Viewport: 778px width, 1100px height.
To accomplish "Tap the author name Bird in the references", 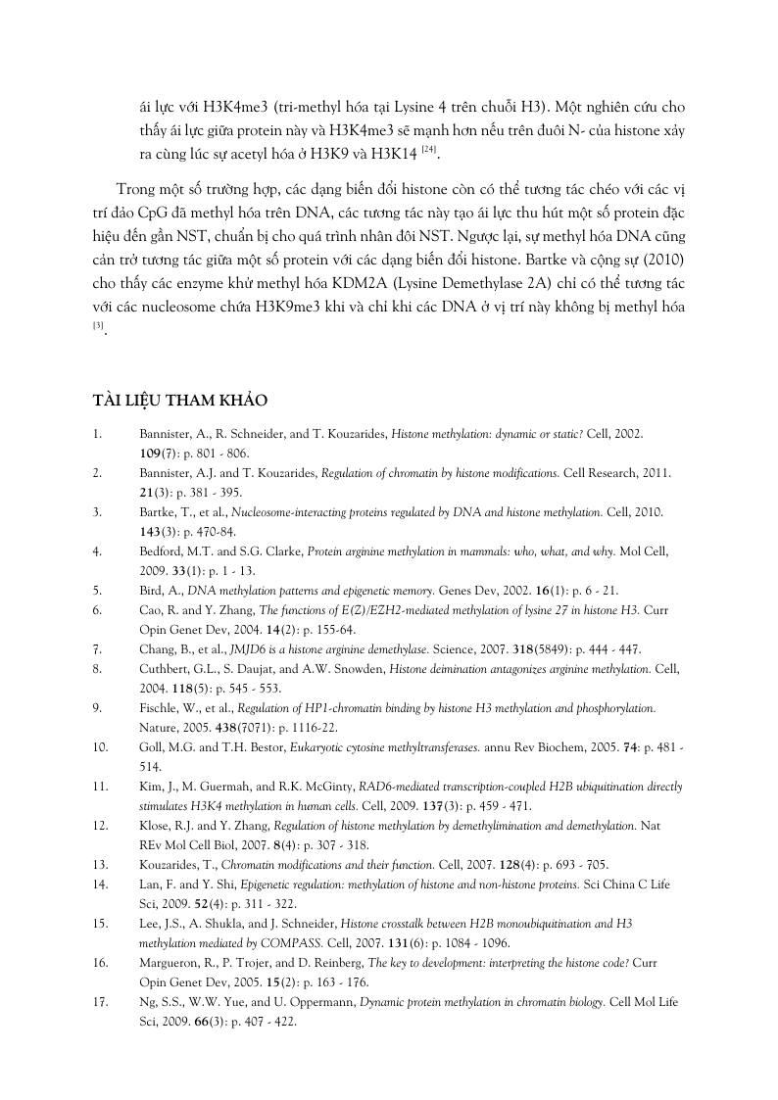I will (x=153, y=590).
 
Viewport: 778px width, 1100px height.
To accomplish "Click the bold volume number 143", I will (x=152, y=532).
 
